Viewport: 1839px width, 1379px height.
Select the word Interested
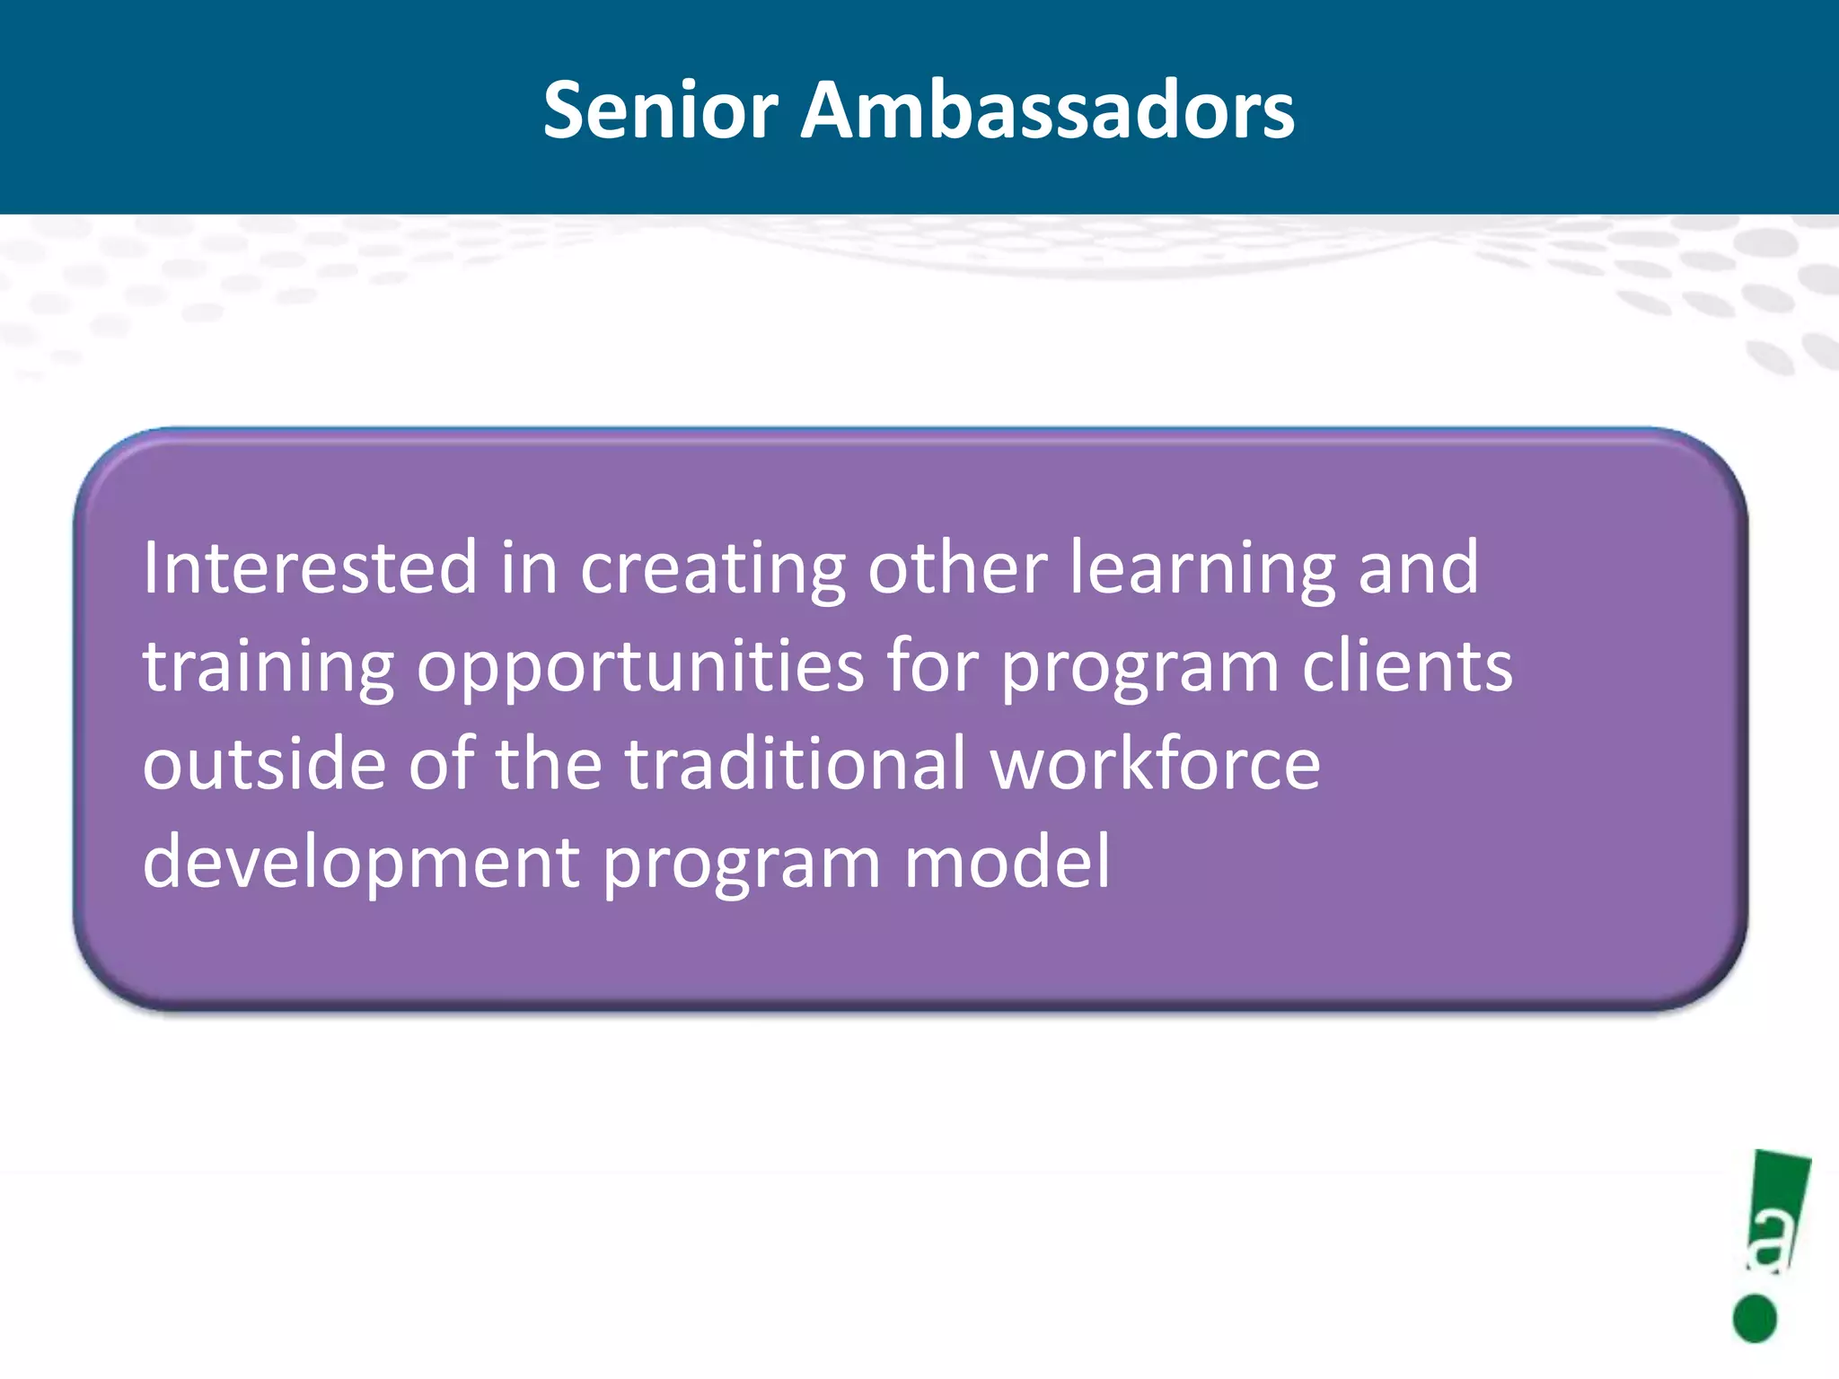point(310,567)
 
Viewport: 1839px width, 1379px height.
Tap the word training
point(268,669)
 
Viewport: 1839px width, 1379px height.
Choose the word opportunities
point(640,669)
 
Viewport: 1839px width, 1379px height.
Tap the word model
point(1007,862)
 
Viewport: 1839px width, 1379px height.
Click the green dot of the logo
point(1755,1318)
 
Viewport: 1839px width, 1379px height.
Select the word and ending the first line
point(1418,567)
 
